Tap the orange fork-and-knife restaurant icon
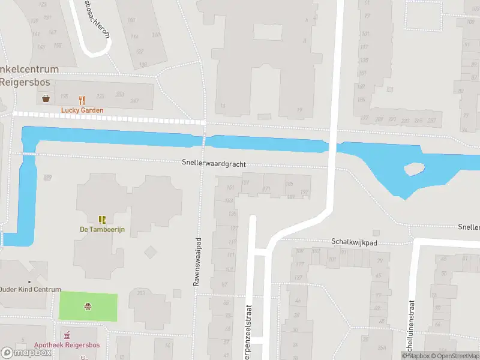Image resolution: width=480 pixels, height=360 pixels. tap(82, 100)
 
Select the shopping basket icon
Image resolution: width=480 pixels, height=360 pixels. tap(46, 98)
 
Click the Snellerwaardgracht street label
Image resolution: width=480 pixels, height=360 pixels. tap(214, 164)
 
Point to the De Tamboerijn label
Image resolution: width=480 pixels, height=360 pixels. tap(102, 229)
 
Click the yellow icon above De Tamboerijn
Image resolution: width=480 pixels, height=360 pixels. tap(102, 220)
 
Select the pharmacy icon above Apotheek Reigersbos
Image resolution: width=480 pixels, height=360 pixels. tap(67, 334)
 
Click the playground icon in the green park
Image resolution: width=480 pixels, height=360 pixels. tap(88, 307)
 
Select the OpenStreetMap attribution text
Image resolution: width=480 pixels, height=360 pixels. tap(458, 356)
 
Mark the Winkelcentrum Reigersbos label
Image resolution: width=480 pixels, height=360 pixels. tap(29, 76)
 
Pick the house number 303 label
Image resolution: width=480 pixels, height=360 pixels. tap(141, 293)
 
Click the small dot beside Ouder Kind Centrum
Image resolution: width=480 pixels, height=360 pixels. tap(28, 281)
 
